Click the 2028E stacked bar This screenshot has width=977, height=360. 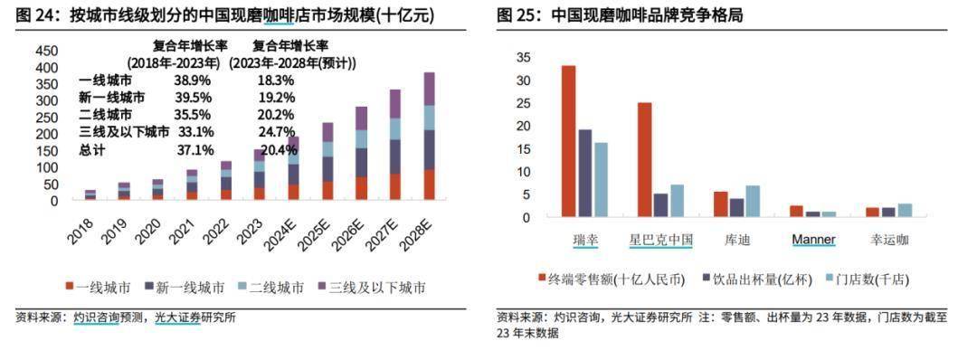429,136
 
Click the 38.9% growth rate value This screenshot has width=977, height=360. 193,80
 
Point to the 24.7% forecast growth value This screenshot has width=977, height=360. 276,132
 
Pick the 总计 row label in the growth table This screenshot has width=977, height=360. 92,149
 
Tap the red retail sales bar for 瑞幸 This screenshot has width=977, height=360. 568,141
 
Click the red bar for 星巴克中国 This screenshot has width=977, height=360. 644,160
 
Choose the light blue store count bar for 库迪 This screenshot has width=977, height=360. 753,201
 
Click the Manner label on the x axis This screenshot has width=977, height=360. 813,240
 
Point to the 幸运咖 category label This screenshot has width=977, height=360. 889,240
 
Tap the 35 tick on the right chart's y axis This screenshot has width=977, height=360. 523,57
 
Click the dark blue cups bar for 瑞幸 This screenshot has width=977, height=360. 585,174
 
